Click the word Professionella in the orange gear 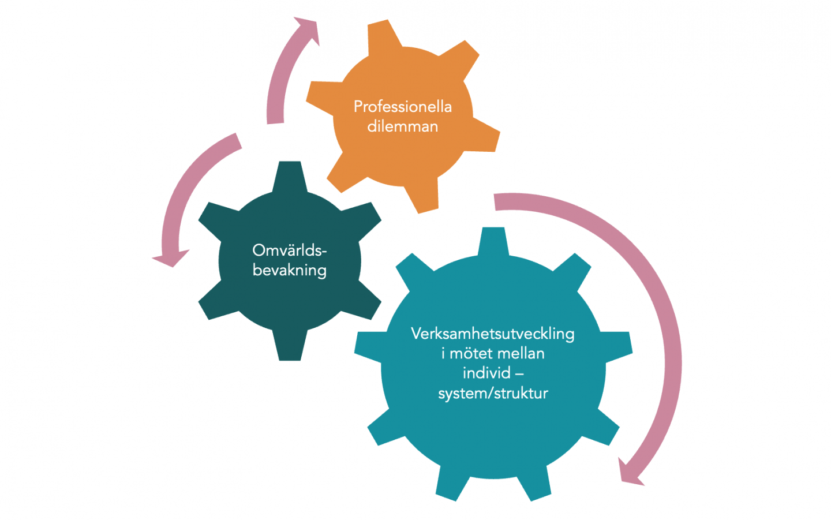coord(403,107)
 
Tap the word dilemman coord(403,126)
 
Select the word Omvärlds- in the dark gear coord(289,250)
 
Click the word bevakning coord(289,270)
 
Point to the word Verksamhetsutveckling coord(493,334)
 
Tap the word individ coord(486,373)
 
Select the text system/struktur coord(493,393)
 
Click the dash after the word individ coord(519,374)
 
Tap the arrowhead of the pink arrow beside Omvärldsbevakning coord(171,258)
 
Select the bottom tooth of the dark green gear coord(290,346)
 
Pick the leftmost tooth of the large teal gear coord(369,347)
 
